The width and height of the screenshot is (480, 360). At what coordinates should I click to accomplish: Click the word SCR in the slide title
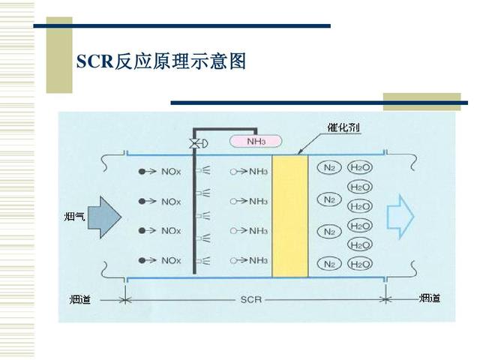(x=94, y=61)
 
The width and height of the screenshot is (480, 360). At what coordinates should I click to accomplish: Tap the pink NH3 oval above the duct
(x=255, y=140)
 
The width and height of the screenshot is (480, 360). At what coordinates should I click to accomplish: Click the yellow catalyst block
(x=289, y=215)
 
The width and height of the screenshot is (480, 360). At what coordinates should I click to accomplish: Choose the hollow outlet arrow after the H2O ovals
(x=400, y=216)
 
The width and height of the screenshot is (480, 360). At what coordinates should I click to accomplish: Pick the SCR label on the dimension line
(x=251, y=300)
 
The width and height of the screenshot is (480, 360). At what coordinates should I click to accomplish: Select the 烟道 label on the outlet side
(x=430, y=298)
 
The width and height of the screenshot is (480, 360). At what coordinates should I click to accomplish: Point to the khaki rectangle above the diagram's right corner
(x=421, y=102)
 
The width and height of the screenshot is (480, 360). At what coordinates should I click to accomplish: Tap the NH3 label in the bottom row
(x=259, y=260)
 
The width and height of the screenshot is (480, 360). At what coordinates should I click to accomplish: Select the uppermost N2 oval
(x=328, y=167)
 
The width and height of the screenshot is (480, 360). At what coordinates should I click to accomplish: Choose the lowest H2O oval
(x=360, y=264)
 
